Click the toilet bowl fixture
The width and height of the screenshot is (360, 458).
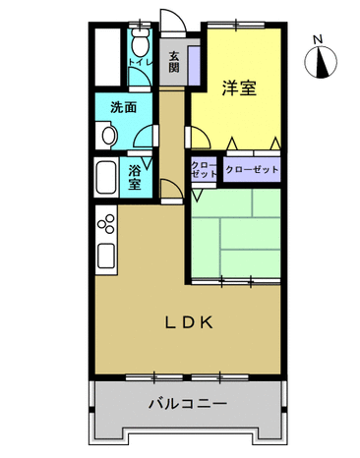[141, 42]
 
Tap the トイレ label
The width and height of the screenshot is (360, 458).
[141, 62]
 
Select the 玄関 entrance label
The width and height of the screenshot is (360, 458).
[174, 62]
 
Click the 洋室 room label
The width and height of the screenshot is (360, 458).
[239, 87]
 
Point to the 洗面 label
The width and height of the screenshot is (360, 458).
[123, 107]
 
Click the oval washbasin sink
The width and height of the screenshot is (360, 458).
[109, 136]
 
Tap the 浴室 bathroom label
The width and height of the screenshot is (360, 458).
[135, 177]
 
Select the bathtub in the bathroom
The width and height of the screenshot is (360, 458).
[106, 178]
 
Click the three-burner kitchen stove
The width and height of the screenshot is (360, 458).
[106, 224]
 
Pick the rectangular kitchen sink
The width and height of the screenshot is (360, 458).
[106, 256]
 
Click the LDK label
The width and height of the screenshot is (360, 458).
[189, 322]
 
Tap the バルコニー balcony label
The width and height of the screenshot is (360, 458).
[188, 403]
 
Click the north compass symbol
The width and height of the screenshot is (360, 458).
[321, 62]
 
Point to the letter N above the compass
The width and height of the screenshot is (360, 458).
[318, 39]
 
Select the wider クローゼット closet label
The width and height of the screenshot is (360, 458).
[252, 169]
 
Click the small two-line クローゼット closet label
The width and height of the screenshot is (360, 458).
[204, 169]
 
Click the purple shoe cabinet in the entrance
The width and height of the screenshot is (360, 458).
[194, 65]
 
